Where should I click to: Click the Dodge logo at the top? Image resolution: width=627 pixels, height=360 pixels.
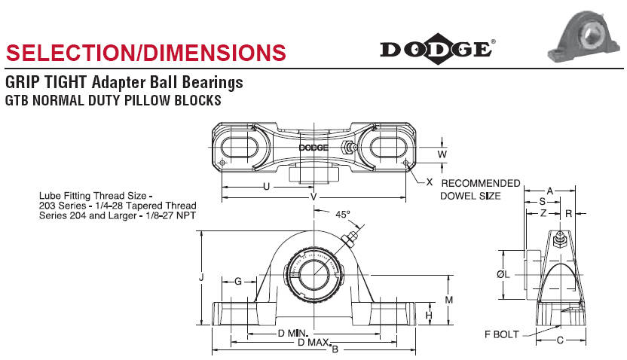[437, 49]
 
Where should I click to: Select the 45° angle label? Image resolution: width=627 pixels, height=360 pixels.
[342, 215]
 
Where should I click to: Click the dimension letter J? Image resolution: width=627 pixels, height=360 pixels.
[201, 277]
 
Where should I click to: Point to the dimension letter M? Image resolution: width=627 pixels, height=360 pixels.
[448, 300]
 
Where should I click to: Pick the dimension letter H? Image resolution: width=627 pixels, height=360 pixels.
[429, 316]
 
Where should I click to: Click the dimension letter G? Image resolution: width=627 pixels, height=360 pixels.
[238, 282]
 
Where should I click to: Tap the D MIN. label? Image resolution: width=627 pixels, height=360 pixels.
[292, 333]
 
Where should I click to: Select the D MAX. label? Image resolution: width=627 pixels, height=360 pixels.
[314, 343]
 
